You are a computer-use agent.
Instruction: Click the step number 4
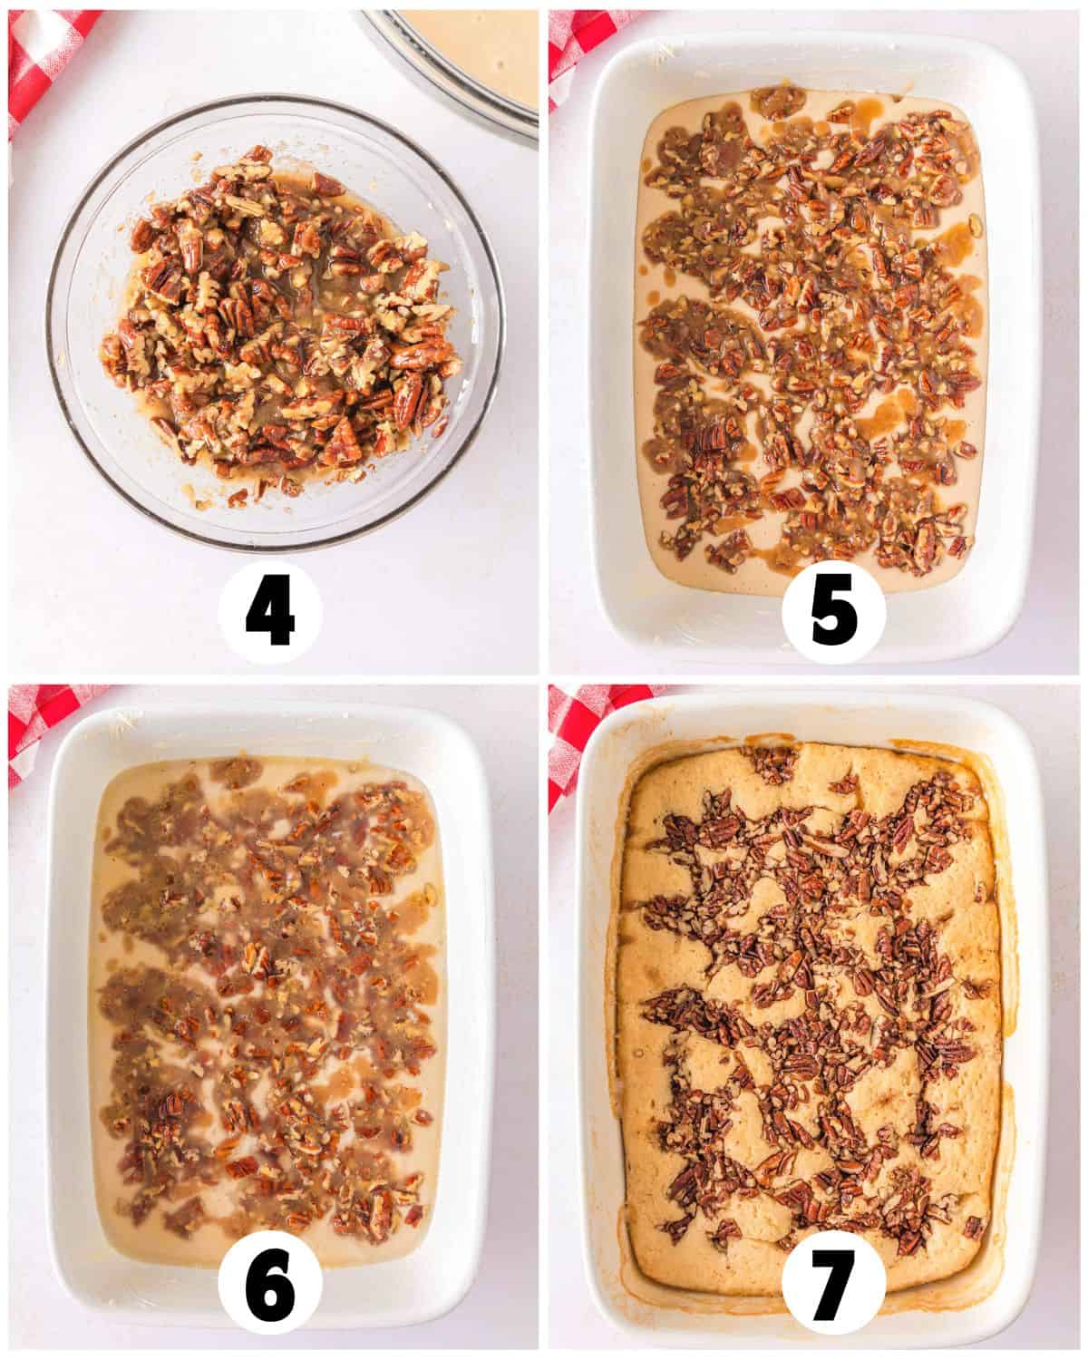point(270,611)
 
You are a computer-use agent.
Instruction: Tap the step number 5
point(832,611)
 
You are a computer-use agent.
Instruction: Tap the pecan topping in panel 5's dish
point(812,328)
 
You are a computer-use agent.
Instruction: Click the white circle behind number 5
point(833,611)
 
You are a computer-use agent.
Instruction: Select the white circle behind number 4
point(270,611)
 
